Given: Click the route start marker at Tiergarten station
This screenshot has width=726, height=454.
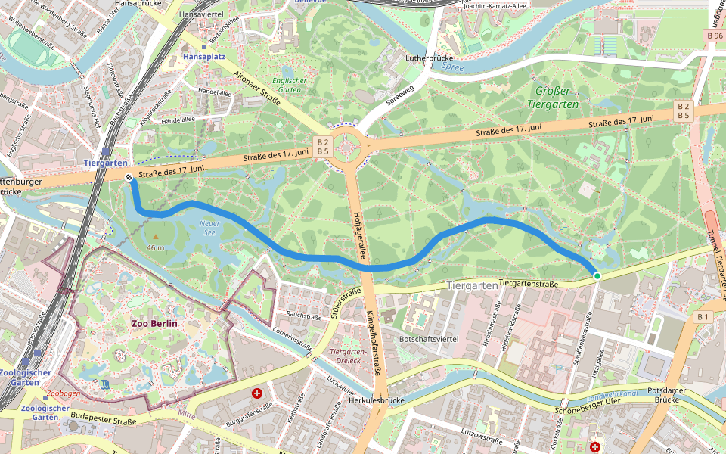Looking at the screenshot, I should pyautogui.click(x=129, y=177).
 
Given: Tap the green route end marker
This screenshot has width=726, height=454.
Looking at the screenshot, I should pyautogui.click(x=597, y=277).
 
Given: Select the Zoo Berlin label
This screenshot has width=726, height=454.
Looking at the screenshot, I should pyautogui.click(x=154, y=323).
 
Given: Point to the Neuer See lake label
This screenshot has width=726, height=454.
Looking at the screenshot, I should pyautogui.click(x=209, y=228).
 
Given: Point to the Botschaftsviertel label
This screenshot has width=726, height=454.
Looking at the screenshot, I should pyautogui.click(x=430, y=339).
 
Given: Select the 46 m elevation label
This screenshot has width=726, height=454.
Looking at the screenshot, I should pyautogui.click(x=155, y=248).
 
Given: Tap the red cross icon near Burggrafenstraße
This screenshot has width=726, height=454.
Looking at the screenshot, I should pyautogui.click(x=257, y=393).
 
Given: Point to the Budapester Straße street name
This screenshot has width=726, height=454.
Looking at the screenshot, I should pyautogui.click(x=104, y=421).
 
